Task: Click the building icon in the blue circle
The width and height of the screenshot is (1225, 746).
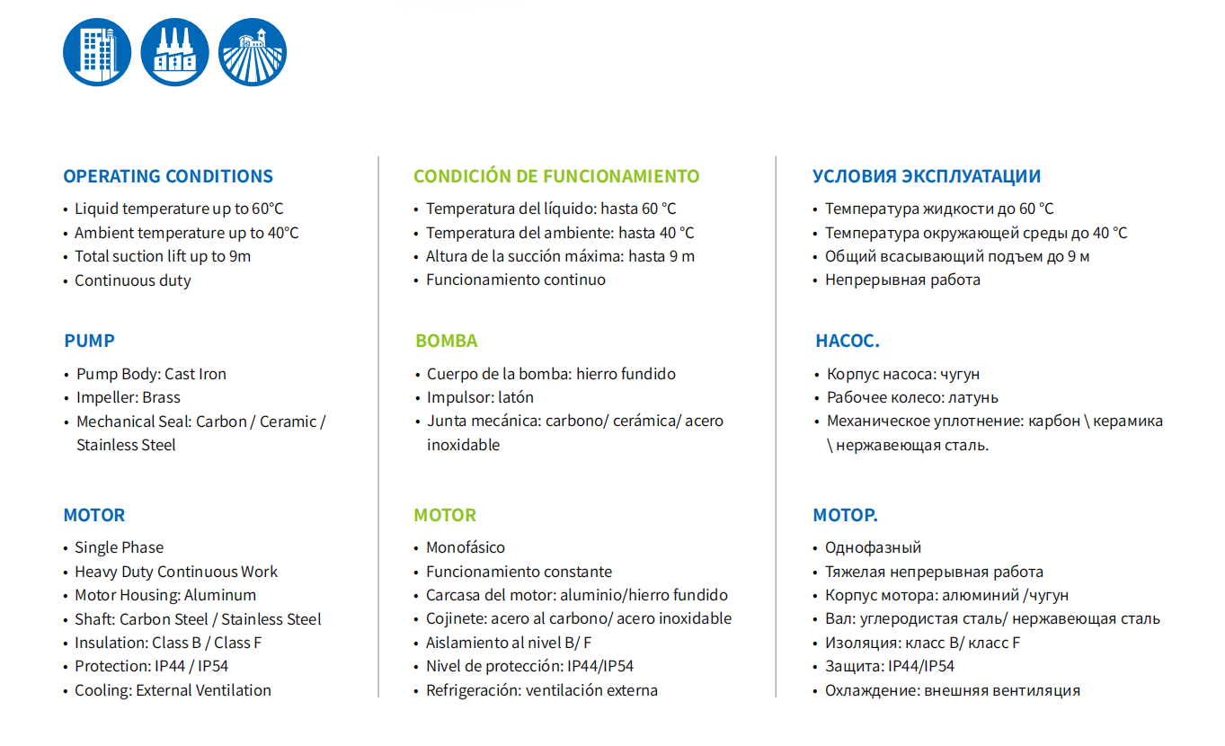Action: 97,52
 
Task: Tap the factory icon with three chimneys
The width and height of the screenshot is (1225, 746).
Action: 175,52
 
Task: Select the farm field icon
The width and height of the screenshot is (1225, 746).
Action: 253,52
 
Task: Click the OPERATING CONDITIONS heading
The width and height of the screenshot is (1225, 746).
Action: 168,176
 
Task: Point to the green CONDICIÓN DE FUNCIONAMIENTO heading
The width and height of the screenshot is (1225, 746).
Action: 556,176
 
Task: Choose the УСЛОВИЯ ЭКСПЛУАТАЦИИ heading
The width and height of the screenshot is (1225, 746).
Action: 927,176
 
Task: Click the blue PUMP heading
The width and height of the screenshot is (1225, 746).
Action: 90,341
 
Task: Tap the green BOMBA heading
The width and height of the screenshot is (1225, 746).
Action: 447,341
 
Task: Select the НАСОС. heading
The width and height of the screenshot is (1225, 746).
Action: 848,341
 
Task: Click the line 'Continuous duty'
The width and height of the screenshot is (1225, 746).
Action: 133,280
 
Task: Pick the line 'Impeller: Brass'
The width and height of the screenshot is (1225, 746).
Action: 129,397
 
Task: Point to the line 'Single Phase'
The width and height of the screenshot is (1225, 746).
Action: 120,547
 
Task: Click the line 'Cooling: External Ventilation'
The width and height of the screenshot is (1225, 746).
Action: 173,690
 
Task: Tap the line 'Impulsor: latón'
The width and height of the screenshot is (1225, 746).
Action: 480,397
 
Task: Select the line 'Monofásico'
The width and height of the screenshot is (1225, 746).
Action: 466,547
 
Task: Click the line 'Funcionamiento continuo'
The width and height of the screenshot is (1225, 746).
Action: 516,280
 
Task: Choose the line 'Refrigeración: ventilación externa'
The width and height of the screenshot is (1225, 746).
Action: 542,690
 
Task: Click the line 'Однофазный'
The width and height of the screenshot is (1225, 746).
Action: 874,547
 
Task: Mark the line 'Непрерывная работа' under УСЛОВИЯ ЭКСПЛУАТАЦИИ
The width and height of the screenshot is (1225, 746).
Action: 903,280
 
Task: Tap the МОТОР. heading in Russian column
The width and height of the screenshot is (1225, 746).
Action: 846,515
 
